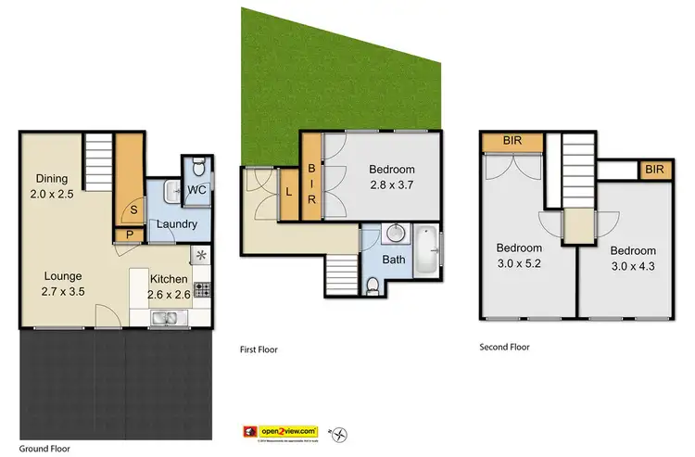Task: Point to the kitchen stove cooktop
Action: coord(200,286)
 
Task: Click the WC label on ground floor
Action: coord(196,191)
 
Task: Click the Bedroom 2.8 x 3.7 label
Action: coord(392,177)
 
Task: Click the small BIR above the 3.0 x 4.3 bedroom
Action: coord(654,170)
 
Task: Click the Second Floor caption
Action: coord(504,348)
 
